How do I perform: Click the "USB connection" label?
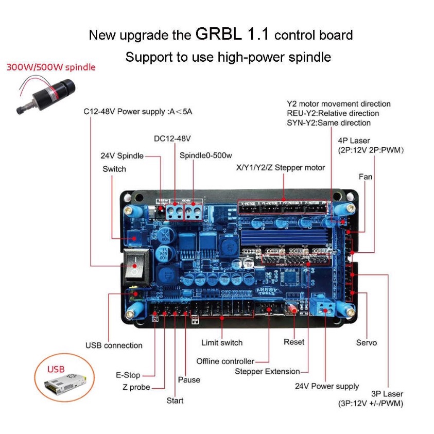(x=114, y=345)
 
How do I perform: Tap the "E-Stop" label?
(x=128, y=375)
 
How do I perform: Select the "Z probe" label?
(x=136, y=387)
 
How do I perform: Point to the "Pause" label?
(x=189, y=380)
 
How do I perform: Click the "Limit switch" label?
(x=221, y=342)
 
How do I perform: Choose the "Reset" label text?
(x=294, y=342)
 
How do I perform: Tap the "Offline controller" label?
(x=225, y=361)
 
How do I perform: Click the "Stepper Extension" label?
(x=267, y=371)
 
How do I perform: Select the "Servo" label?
(x=367, y=342)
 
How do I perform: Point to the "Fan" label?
(x=366, y=177)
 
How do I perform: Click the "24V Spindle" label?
(x=122, y=155)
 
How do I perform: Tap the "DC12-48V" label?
(x=172, y=138)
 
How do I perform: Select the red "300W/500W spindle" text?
(x=51, y=67)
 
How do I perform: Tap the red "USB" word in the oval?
(x=56, y=369)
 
